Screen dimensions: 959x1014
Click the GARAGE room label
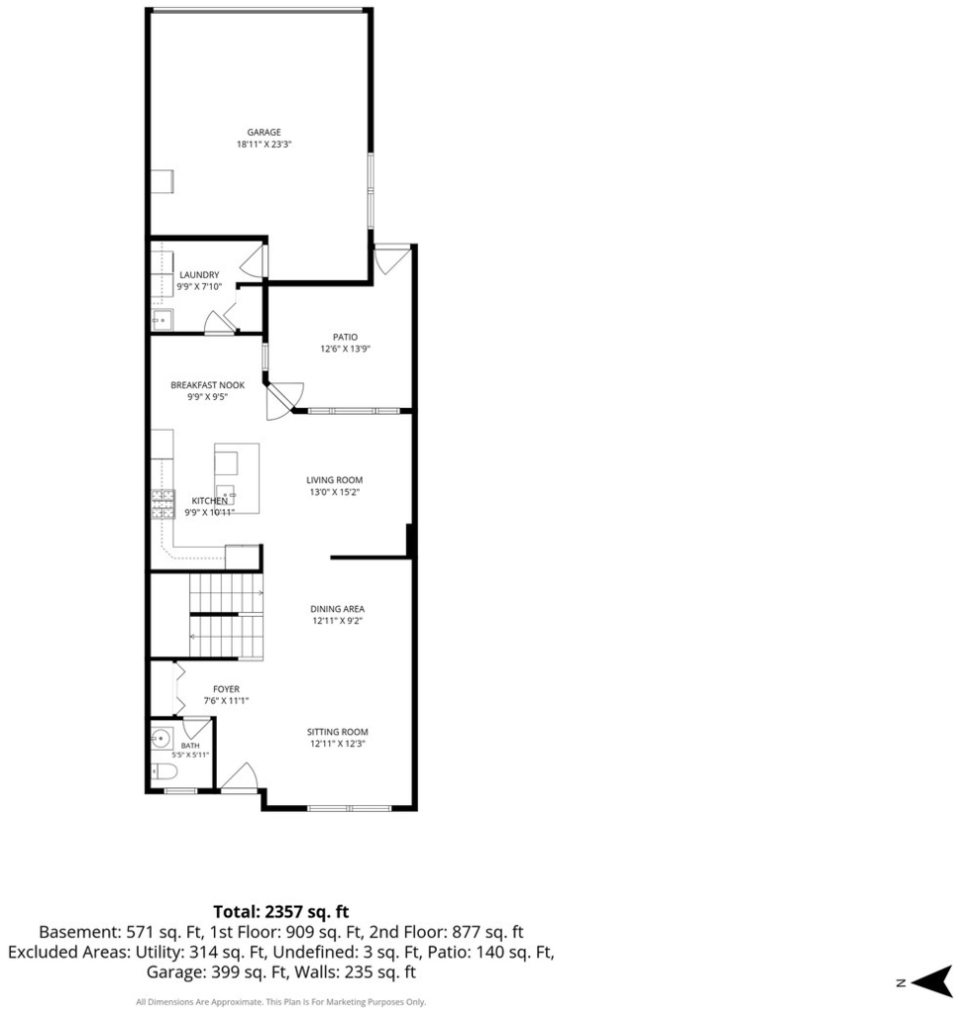264,132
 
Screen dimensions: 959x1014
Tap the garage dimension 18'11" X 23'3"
264,145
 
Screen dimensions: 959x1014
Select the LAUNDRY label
199,275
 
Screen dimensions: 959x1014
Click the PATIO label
345,337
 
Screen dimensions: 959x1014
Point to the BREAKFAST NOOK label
208,385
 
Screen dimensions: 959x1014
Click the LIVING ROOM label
335,480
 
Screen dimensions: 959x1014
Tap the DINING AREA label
337,609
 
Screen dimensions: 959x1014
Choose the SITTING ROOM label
337,732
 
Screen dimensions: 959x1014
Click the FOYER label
226,689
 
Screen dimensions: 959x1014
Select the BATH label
190,746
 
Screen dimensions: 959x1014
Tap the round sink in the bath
160,737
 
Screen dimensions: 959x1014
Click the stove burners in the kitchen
163,504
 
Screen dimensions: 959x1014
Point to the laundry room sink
162,320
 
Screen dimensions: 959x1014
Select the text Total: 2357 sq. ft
280,911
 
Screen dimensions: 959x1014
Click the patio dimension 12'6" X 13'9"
345,350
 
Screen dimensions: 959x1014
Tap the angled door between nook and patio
284,401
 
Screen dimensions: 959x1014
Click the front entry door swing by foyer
239,776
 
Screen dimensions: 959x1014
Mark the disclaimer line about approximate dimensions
280,1002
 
